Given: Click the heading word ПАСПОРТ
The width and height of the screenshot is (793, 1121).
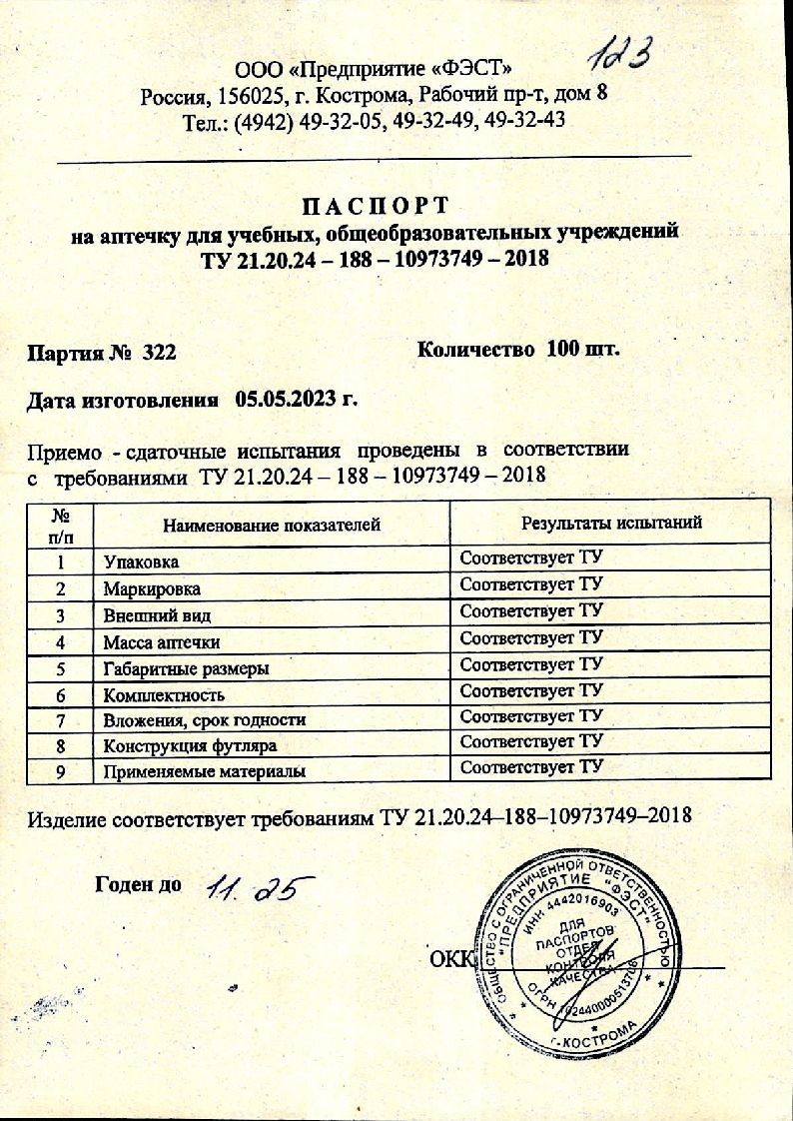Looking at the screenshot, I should [376, 206].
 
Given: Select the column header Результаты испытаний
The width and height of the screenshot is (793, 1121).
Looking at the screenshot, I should [611, 523].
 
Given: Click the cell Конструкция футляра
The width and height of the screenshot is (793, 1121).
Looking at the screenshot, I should [190, 745].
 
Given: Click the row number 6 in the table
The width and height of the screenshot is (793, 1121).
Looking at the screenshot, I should [63, 693].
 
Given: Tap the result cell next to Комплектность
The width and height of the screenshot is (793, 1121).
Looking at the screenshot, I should [531, 690].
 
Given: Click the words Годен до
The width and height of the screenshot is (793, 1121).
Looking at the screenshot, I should [138, 884].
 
